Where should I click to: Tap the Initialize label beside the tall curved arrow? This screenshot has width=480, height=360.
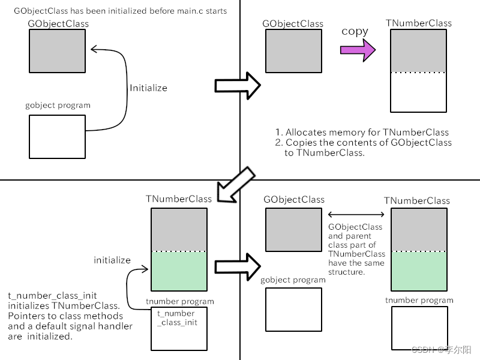(148, 88)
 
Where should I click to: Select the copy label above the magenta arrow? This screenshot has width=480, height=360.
(355, 31)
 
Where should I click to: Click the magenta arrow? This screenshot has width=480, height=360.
(358, 50)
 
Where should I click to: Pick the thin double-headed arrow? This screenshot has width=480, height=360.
(356, 214)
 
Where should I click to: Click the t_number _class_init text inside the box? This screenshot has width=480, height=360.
(176, 317)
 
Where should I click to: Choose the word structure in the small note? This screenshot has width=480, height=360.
(346, 271)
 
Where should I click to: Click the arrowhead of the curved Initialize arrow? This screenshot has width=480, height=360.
(92, 50)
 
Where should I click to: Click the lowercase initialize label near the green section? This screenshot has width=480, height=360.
(112, 260)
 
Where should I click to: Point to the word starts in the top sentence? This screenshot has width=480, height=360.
(214, 11)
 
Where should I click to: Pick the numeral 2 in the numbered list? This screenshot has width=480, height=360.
(278, 143)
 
